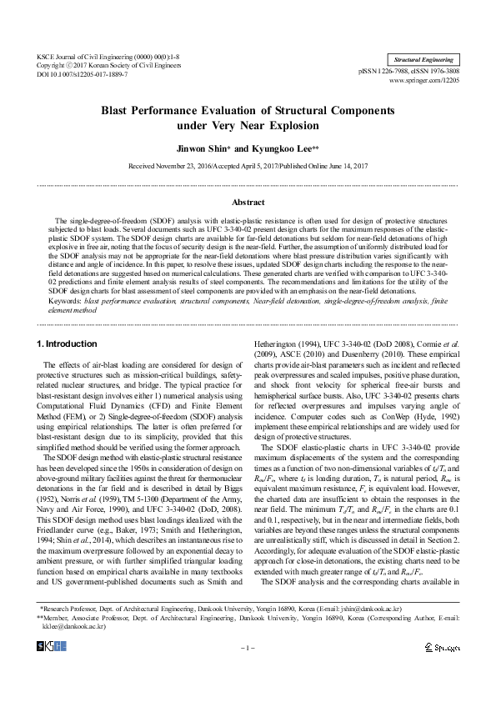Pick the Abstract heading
(248, 203)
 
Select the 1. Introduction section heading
(68, 343)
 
